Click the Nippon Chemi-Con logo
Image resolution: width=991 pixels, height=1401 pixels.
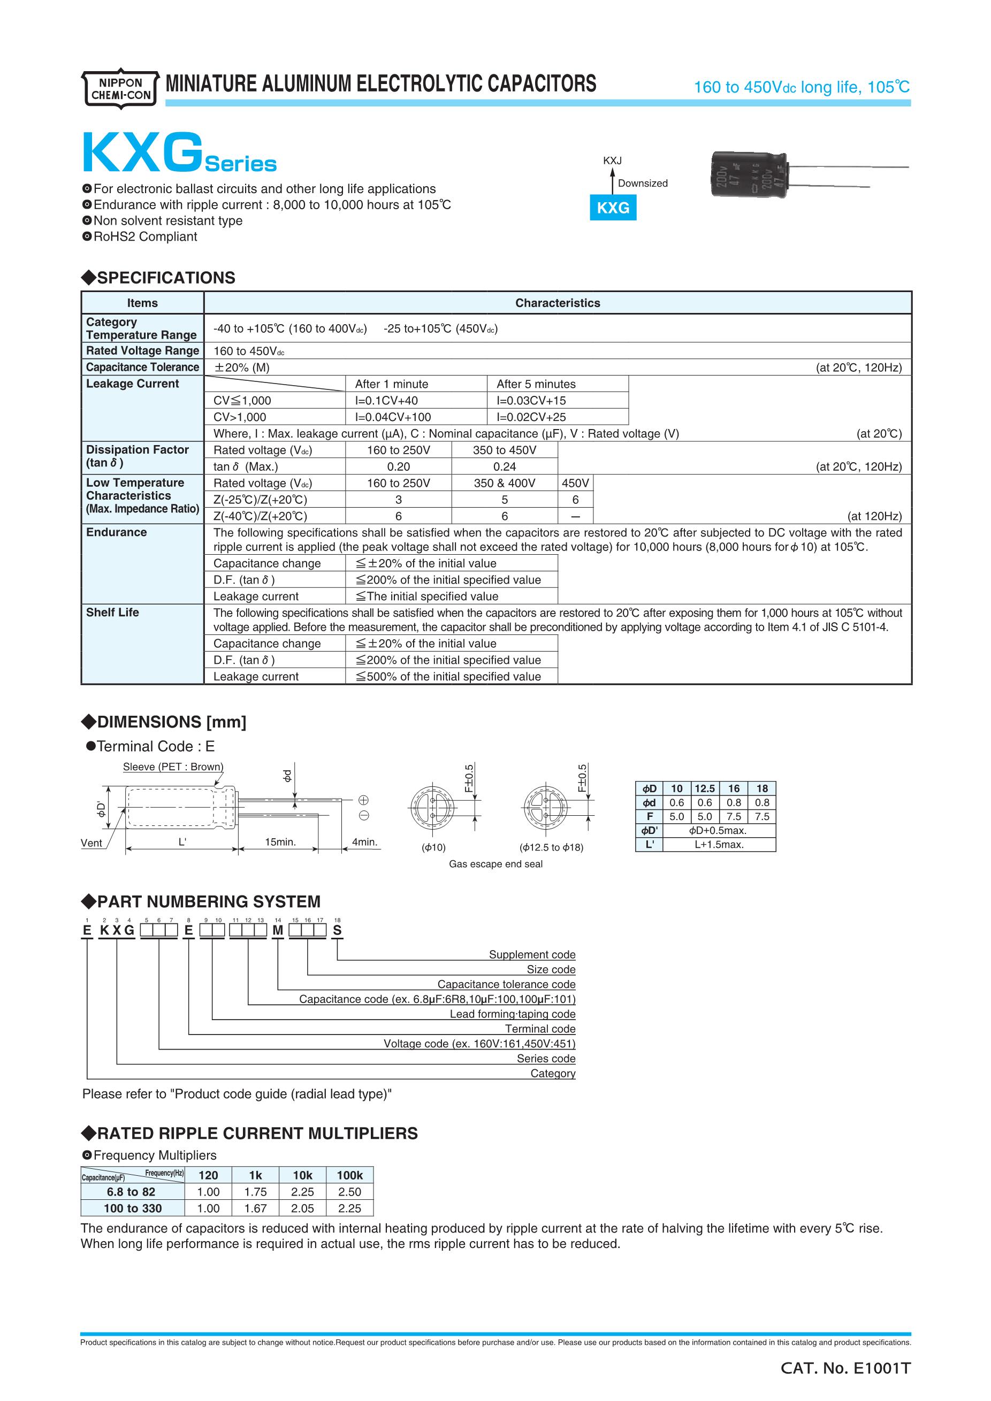pyautogui.click(x=121, y=88)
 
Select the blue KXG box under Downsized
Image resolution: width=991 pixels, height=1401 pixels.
pyautogui.click(x=613, y=208)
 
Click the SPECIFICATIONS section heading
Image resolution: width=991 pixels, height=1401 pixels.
pyautogui.click(x=159, y=278)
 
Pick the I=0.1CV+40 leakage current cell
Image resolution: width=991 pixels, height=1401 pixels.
pyautogui.click(x=386, y=401)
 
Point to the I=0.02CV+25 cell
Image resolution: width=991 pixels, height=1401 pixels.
pyautogui.click(x=531, y=417)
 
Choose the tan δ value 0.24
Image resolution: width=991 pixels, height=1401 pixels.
pyautogui.click(x=505, y=467)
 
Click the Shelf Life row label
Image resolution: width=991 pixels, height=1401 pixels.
pyautogui.click(x=112, y=613)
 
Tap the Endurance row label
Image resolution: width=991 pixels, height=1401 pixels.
pyautogui.click(x=117, y=533)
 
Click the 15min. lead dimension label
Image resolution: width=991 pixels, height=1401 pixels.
pyautogui.click(x=280, y=842)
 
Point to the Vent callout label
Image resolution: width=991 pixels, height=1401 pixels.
pyautogui.click(x=92, y=843)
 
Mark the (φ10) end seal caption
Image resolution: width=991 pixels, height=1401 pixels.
pyautogui.click(x=433, y=847)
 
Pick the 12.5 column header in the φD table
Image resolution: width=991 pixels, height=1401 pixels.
pyautogui.click(x=705, y=788)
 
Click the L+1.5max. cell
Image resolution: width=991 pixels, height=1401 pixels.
pyautogui.click(x=719, y=845)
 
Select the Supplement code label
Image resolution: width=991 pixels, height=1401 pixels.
pyautogui.click(x=531, y=955)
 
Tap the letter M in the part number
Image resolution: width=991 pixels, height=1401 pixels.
pyautogui.click(x=278, y=931)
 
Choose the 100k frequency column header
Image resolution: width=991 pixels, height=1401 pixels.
pyautogui.click(x=349, y=1176)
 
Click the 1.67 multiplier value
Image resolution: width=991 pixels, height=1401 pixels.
pyautogui.click(x=255, y=1209)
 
